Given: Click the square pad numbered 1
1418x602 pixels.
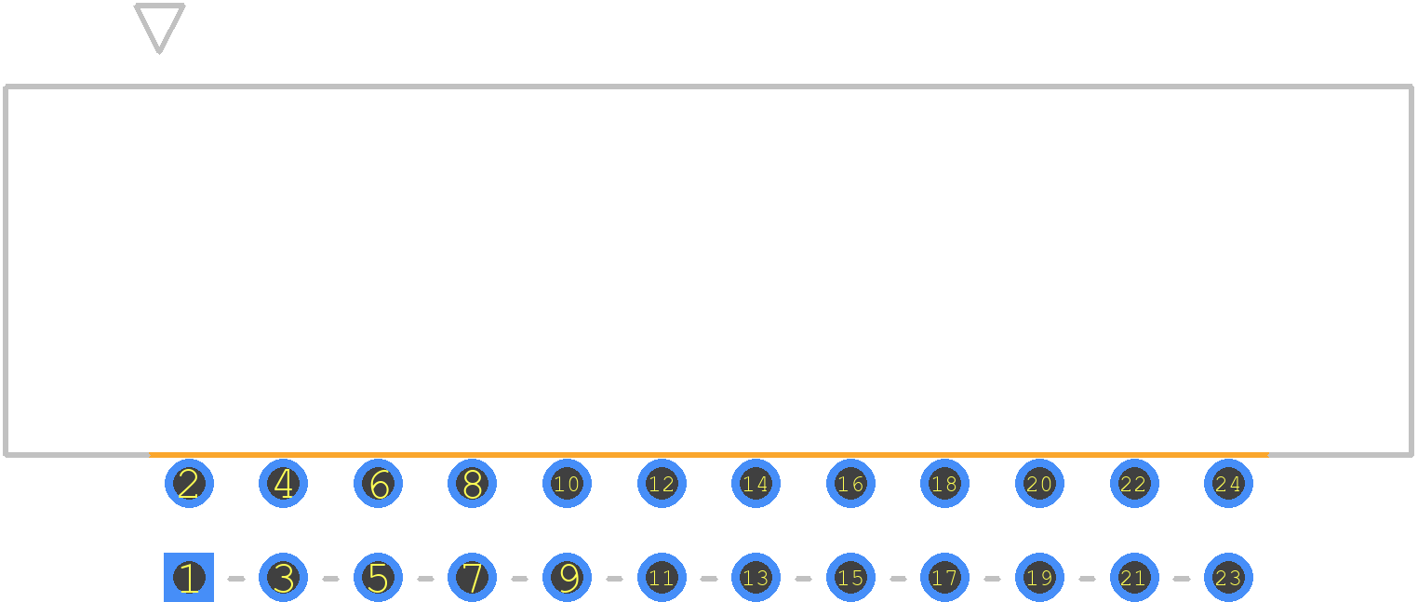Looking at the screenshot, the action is [x=189, y=577].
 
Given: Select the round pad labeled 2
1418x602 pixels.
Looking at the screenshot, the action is [x=189, y=484].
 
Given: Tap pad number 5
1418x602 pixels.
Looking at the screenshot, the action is [x=378, y=577].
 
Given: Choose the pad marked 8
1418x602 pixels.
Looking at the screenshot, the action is [x=473, y=484].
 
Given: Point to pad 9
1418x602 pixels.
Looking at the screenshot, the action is [x=568, y=577].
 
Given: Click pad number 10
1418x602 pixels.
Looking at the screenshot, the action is [x=568, y=484].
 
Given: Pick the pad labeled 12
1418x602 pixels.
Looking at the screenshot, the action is [x=662, y=484].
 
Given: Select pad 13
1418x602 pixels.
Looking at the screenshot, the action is [x=756, y=577].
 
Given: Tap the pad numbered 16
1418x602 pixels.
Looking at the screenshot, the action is [x=850, y=484].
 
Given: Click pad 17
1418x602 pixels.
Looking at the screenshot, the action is [x=944, y=577].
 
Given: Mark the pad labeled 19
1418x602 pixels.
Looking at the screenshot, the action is [x=1039, y=577].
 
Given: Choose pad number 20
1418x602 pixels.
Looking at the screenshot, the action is [x=1039, y=484].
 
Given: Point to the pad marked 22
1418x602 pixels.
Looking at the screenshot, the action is [x=1134, y=484].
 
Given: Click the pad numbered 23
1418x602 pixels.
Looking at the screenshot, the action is [x=1228, y=577].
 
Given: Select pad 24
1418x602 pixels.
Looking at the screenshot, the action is [x=1228, y=484].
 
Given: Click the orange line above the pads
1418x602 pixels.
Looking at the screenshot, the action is [x=709, y=454].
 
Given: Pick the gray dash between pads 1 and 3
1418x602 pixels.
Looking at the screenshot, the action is [x=236, y=578].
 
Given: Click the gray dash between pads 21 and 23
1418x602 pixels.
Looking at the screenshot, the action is [x=1182, y=578].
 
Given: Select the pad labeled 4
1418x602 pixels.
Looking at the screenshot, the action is [x=283, y=484].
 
